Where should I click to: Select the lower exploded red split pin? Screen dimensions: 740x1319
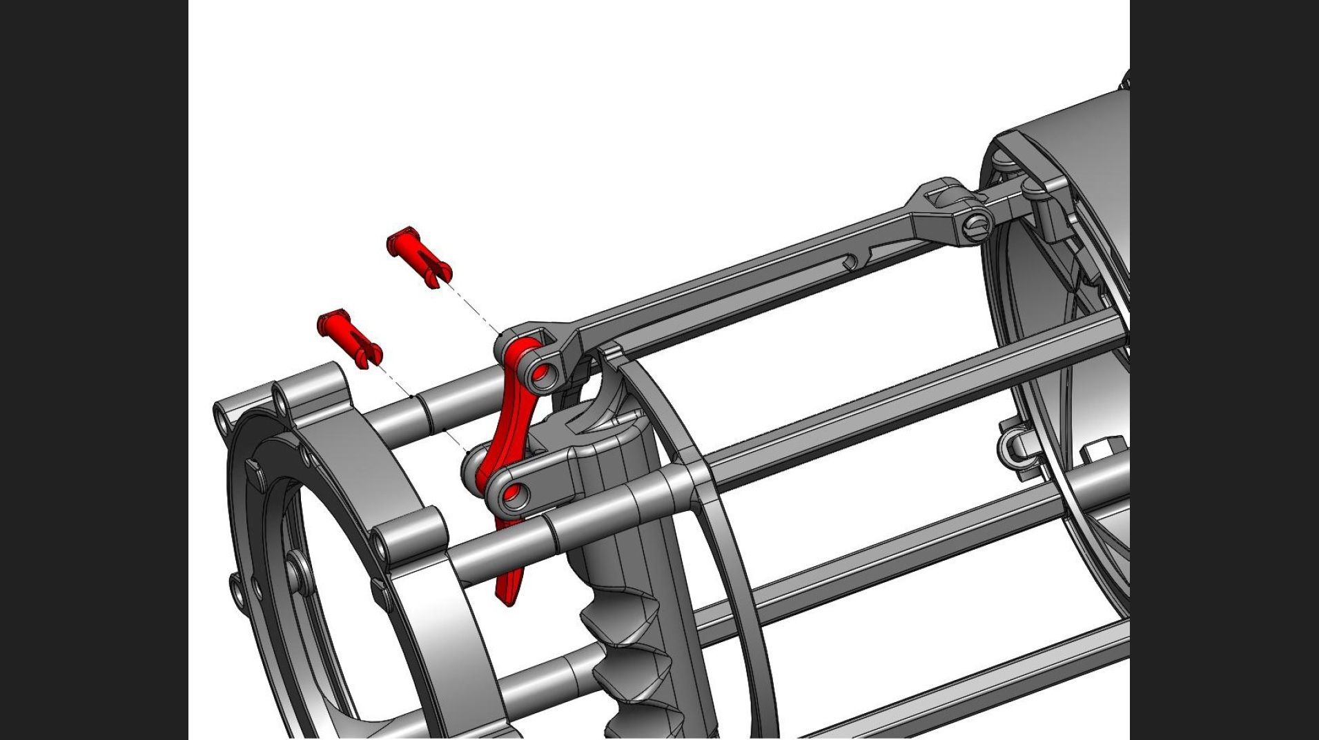pyautogui.click(x=349, y=337)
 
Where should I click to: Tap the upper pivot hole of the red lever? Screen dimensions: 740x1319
pyautogui.click(x=542, y=373)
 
